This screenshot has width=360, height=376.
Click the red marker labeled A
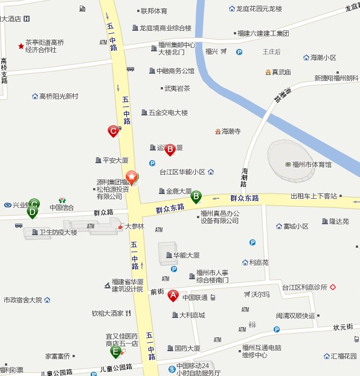tap(173, 296)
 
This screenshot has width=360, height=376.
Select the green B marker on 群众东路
tap(196, 196)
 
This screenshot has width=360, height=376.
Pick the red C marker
tap(112, 131)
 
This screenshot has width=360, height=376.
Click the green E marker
tap(115, 351)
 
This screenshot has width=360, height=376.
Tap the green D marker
tap(33, 212)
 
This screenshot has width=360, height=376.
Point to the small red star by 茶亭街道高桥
tap(21, 45)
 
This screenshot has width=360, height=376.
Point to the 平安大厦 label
tap(115, 160)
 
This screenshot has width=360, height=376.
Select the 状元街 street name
tap(342, 327)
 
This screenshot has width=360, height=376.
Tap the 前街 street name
tap(157, 291)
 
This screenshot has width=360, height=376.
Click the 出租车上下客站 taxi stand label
tap(313, 196)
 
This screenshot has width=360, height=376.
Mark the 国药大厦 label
tap(187, 348)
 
